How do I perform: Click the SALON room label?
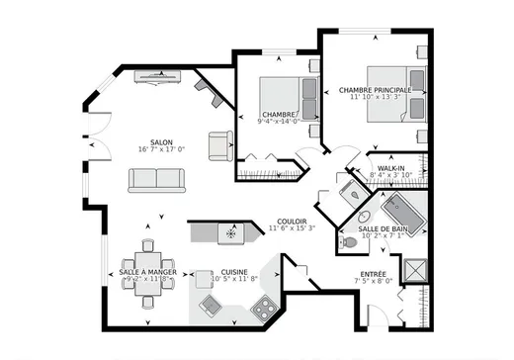(x=162, y=141)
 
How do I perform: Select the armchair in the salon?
(x=218, y=145)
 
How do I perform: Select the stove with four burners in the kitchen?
(x=264, y=309)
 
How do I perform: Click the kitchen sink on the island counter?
(x=229, y=232)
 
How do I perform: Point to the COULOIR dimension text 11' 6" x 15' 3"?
(x=291, y=228)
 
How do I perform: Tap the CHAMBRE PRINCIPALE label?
(x=375, y=89)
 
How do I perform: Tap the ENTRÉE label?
(x=374, y=273)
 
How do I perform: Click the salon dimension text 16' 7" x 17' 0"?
(x=162, y=149)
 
